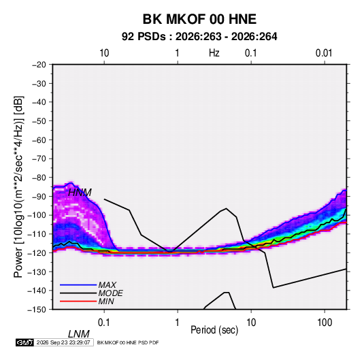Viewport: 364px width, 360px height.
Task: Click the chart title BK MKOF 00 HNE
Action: pyautogui.click(x=199, y=19)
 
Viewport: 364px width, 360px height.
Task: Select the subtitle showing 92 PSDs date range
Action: pyautogui.click(x=199, y=37)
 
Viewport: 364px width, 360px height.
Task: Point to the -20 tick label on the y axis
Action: pyautogui.click(x=39, y=65)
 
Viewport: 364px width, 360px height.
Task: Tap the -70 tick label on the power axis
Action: pyautogui.click(x=39, y=159)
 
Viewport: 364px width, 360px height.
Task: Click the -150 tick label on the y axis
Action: pyautogui.click(x=37, y=310)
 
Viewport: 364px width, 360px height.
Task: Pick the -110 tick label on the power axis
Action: pyautogui.click(x=37, y=234)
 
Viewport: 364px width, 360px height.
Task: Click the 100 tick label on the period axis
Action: pyautogui.click(x=325, y=323)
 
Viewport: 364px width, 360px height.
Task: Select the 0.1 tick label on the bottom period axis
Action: pyautogui.click(x=104, y=323)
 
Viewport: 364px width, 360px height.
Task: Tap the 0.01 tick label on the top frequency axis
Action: pyautogui.click(x=324, y=53)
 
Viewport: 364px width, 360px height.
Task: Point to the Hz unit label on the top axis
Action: pyautogui.click(x=214, y=53)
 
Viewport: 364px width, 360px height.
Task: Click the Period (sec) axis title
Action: pyautogui.click(x=214, y=330)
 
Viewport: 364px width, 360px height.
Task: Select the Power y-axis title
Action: pyautogui.click(x=18, y=186)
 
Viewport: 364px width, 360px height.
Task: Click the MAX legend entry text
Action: pyautogui.click(x=107, y=284)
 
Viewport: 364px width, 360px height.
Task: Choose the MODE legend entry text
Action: pyautogui.click(x=110, y=293)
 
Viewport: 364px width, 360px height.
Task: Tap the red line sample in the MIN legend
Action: pyautogui.click(x=78, y=301)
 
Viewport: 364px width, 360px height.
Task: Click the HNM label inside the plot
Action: pyautogui.click(x=80, y=193)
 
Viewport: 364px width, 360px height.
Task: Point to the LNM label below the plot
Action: pyautogui.click(x=79, y=334)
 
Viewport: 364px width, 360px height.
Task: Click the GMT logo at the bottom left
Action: pyautogui.click(x=25, y=342)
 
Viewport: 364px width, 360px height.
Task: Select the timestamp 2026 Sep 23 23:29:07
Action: pyautogui.click(x=63, y=342)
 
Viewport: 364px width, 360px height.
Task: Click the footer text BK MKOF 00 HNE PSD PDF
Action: pyautogui.click(x=128, y=342)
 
